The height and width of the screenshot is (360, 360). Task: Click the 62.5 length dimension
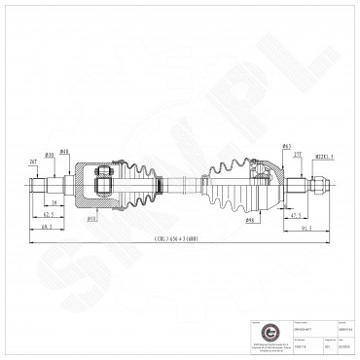click(x=49, y=213)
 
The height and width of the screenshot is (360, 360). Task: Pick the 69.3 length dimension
click(x=46, y=226)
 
